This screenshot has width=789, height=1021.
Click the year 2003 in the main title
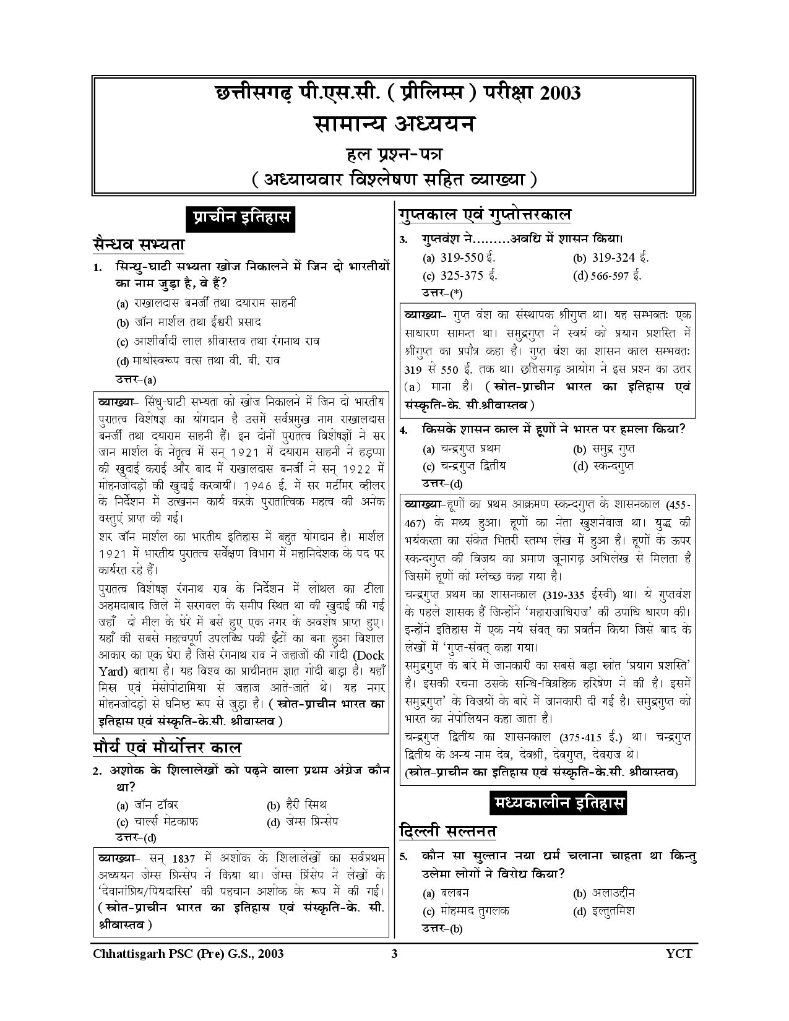[560, 93]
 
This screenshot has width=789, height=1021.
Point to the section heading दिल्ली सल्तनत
[448, 830]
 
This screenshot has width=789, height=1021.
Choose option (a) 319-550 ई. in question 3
[459, 258]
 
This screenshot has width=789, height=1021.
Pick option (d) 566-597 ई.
[607, 276]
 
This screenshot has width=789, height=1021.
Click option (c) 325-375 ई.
[460, 276]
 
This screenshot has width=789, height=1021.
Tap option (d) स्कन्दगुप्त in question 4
[603, 466]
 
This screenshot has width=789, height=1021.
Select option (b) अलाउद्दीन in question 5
[603, 893]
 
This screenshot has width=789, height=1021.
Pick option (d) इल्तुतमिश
[603, 911]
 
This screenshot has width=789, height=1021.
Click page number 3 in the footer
[394, 954]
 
